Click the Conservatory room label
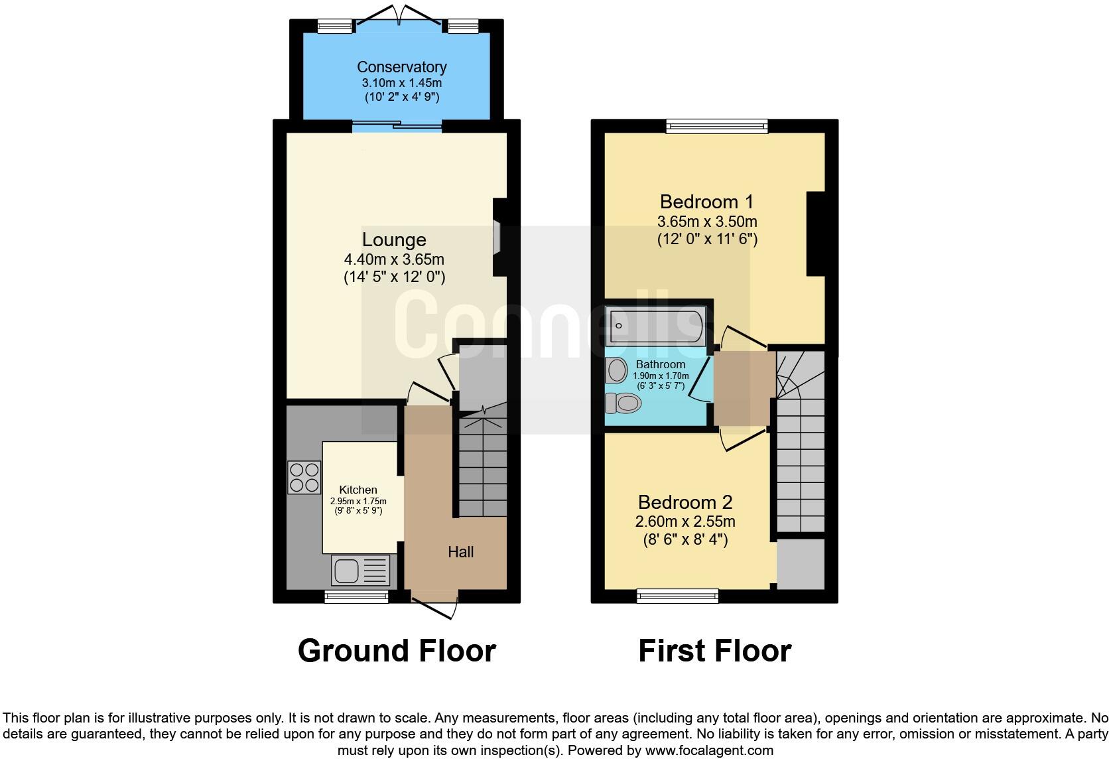tap(401, 67)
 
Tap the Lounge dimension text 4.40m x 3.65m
tap(394, 259)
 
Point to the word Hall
tap(460, 552)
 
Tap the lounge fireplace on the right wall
tap(498, 238)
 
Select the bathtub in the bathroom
tap(655, 325)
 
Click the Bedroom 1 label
tap(707, 202)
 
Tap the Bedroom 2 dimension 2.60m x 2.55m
tap(685, 521)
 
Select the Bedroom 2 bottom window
tap(677, 596)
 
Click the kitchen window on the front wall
tap(357, 597)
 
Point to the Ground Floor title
tap(397, 651)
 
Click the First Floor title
tap(714, 651)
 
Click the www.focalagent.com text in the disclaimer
tap(708, 751)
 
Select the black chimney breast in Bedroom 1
tap(816, 234)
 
